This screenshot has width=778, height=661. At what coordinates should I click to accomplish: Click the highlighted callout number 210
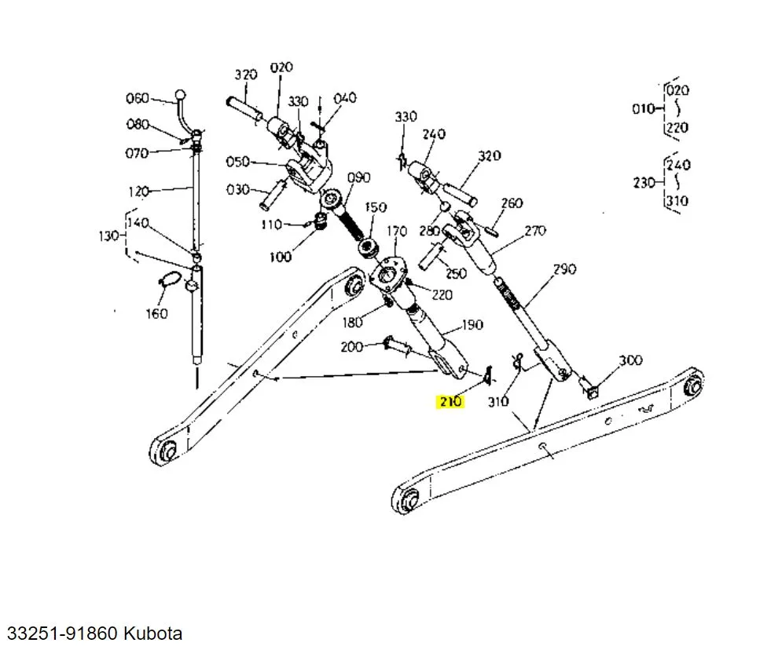tap(450, 402)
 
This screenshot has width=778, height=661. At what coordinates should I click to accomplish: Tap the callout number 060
tap(138, 98)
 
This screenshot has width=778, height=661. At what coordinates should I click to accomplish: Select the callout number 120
tap(138, 191)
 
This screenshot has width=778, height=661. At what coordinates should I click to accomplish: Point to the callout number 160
tap(157, 313)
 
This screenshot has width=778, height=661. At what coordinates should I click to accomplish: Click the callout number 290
tap(564, 269)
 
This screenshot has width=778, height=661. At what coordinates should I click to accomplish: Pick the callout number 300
tap(630, 360)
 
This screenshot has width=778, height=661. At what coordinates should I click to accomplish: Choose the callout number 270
tap(534, 231)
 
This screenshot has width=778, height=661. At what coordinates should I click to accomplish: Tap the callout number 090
tap(358, 177)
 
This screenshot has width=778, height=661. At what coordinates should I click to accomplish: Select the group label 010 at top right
tap(643, 108)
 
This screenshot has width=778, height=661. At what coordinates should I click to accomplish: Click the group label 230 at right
tap(644, 182)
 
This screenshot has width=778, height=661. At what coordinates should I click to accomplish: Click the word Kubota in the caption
tap(152, 633)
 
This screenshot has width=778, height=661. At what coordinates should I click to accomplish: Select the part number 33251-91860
tap(63, 633)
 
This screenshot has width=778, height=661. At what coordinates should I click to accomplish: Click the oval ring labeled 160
tap(167, 279)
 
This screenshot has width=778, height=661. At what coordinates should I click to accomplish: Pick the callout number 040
tap(344, 98)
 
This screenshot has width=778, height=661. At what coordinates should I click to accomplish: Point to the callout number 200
tap(351, 347)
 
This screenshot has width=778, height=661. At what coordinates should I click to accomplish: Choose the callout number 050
tap(237, 162)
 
